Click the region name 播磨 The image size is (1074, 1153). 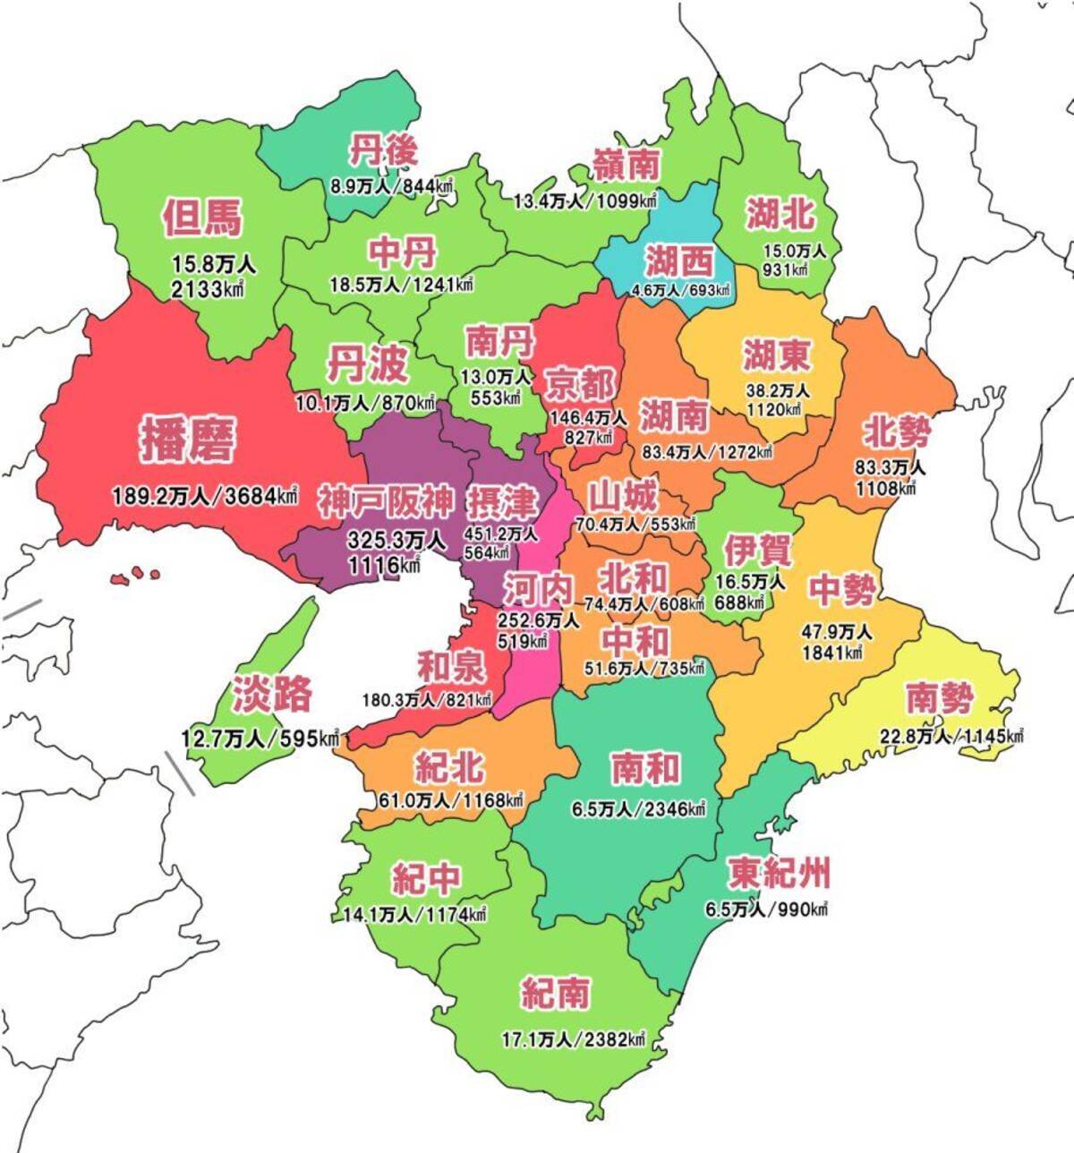(188, 440)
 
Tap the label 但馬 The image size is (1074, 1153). (202, 218)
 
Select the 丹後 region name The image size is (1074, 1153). (383, 150)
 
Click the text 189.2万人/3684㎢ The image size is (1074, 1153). (205, 495)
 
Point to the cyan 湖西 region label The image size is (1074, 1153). (679, 261)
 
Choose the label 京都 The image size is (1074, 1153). (582, 385)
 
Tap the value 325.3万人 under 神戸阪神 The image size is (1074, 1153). (396, 541)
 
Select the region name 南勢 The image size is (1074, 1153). (938, 698)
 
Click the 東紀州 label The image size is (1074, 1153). (779, 871)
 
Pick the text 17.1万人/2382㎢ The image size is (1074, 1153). (574, 1039)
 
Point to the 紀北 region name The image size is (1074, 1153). (449, 766)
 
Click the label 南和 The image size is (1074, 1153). (644, 768)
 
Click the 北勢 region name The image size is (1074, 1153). (897, 433)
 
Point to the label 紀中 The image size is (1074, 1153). (427, 879)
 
